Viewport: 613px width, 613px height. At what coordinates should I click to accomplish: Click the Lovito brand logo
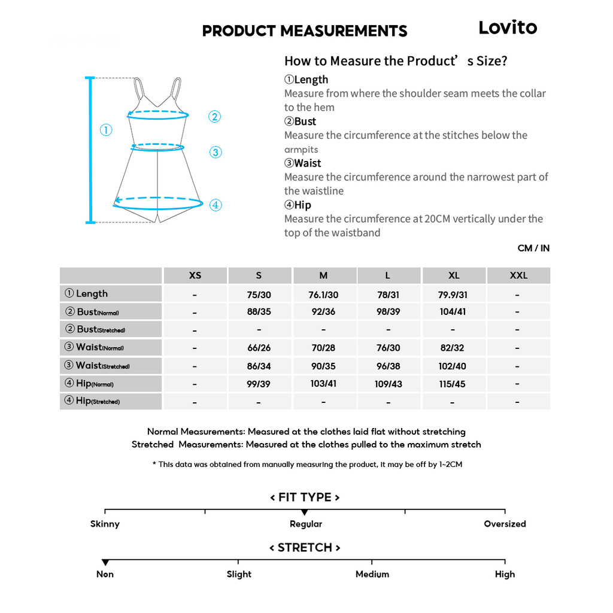click(508, 28)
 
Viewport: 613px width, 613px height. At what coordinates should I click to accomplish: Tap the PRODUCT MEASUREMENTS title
click(305, 31)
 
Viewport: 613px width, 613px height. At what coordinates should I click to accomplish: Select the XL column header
click(454, 275)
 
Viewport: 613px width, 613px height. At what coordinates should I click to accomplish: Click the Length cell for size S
click(259, 295)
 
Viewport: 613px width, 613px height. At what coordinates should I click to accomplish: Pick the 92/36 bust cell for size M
click(323, 312)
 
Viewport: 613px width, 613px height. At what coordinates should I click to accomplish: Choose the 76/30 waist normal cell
click(388, 348)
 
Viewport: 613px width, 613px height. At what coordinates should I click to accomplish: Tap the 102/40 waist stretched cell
click(453, 366)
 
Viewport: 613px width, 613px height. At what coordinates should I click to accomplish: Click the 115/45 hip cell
click(453, 384)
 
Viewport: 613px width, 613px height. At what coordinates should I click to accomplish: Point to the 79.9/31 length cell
click(453, 295)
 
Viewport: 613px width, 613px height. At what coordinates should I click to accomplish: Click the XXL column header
click(518, 275)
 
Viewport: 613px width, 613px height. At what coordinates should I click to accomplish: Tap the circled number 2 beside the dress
click(214, 117)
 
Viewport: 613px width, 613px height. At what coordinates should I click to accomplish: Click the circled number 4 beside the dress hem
click(216, 205)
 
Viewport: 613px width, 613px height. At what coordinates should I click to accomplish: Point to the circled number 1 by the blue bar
click(106, 130)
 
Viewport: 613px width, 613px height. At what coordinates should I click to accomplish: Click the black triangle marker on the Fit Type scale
click(305, 512)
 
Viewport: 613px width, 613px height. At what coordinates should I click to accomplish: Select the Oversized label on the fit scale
click(505, 524)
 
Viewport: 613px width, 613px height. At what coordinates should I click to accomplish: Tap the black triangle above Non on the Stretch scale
click(105, 562)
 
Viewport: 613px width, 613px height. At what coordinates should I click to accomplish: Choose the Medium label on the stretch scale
click(372, 574)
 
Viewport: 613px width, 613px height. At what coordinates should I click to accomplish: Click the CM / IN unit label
click(533, 248)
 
